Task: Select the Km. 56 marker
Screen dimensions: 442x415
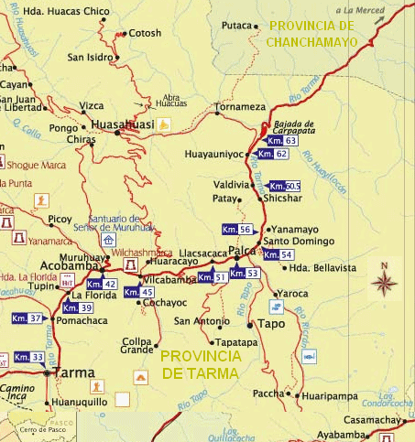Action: click(236, 229)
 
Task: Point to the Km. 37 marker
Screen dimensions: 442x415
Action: click(27, 318)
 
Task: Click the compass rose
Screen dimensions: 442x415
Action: click(384, 281)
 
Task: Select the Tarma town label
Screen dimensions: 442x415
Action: click(75, 372)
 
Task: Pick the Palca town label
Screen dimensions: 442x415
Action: click(242, 251)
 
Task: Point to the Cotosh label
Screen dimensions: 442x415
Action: click(145, 33)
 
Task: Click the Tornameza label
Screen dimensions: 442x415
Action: click(240, 107)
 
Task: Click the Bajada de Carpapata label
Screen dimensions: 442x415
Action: click(294, 126)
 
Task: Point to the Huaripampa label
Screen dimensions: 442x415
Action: click(327, 395)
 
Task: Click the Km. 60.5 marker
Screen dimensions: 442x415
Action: click(285, 186)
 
